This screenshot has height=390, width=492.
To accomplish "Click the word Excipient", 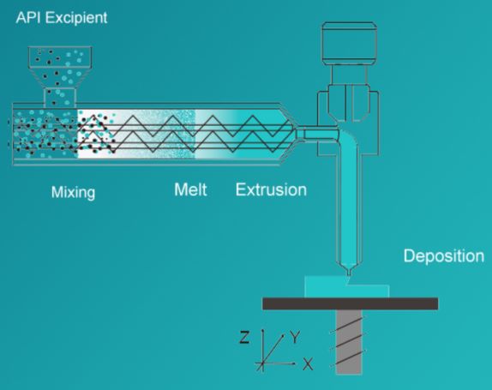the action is click(76, 18).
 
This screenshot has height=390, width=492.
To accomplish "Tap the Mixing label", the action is click(73, 192).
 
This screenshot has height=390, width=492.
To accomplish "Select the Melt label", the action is click(190, 189).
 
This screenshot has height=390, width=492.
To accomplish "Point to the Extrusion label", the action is click(271, 189).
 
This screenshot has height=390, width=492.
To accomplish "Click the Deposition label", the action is click(444, 256).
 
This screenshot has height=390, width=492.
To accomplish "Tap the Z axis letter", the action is click(244, 338).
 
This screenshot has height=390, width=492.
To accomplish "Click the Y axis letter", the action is click(295, 338).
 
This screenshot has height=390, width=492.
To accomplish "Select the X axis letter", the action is click(308, 364).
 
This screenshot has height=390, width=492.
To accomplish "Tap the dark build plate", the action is click(351, 303).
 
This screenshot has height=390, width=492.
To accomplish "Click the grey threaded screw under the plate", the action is click(349, 342).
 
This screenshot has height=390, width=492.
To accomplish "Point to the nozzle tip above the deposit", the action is click(348, 274).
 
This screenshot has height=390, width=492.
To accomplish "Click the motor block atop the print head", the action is click(349, 44).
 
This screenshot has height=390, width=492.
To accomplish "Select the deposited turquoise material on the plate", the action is click(347, 287).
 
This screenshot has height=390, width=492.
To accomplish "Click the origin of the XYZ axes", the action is click(262, 363).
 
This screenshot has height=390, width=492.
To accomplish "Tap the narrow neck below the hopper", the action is click(60, 96).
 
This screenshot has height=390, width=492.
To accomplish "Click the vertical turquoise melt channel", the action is click(349, 204).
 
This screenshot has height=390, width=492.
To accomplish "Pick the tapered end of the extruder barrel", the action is click(288, 134).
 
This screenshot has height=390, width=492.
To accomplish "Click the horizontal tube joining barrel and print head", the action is click(317, 134).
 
